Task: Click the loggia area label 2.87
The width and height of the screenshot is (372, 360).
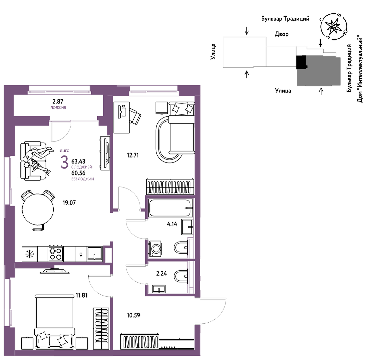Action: click(58, 101)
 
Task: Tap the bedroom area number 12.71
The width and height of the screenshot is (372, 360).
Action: click(133, 155)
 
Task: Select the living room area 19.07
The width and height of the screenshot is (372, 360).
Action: click(69, 203)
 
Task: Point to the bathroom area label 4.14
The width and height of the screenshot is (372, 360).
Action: click(172, 224)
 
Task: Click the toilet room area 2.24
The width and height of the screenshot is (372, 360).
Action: click(162, 273)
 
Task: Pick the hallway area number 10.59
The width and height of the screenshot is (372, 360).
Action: click(134, 315)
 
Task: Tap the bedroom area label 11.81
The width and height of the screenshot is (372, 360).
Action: click(82, 295)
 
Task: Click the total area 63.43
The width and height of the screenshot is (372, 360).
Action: click(78, 161)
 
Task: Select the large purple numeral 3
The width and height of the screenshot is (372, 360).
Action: click(64, 162)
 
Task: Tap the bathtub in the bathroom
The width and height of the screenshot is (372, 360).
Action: click(171, 208)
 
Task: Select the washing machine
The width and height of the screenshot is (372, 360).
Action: click(155, 249)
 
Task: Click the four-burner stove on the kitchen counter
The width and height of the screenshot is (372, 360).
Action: click(56, 254)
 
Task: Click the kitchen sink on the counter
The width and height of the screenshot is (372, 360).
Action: click(95, 254)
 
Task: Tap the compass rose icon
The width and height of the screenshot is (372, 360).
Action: click(334, 26)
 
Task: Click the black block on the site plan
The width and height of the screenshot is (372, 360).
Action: click(302, 62)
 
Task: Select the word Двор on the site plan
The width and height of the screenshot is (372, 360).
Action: click(282, 34)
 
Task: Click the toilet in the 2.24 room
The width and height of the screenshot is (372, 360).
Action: click(181, 276)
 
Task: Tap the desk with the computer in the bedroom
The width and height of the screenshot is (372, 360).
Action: click(121, 117)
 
